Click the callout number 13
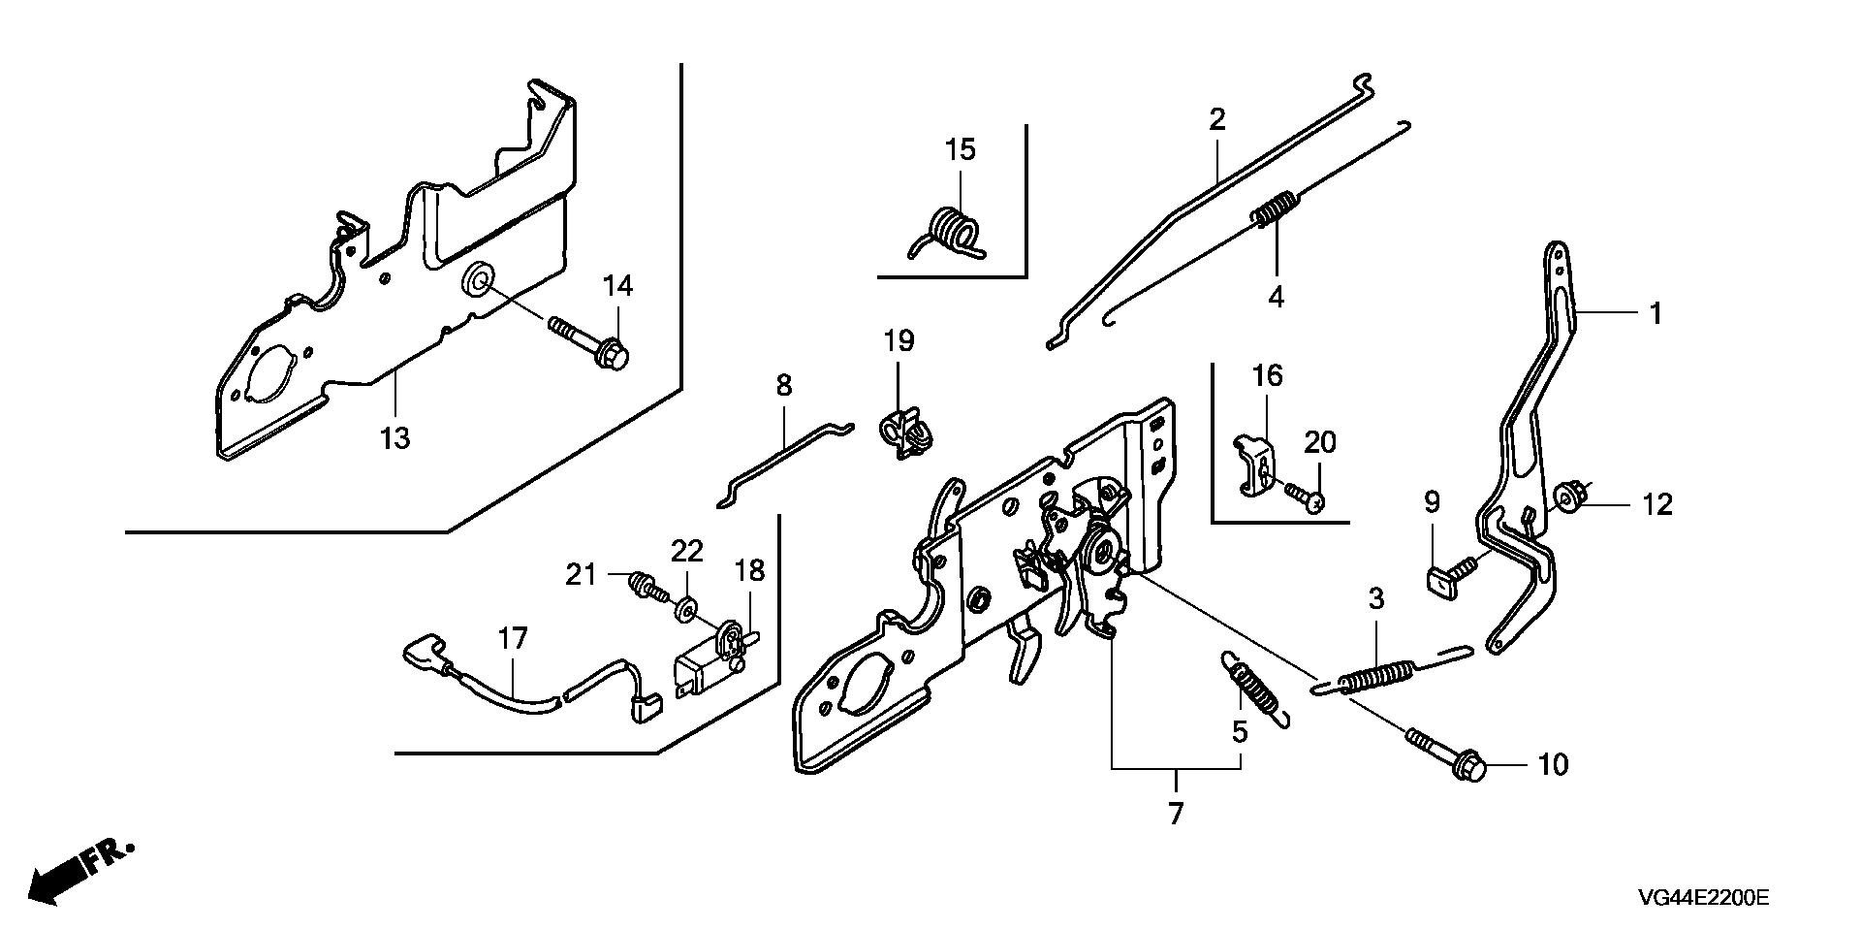click(x=395, y=438)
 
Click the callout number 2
click(x=1216, y=120)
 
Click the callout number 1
click(x=1656, y=313)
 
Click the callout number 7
click(x=1176, y=813)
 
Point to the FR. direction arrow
click(x=78, y=870)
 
